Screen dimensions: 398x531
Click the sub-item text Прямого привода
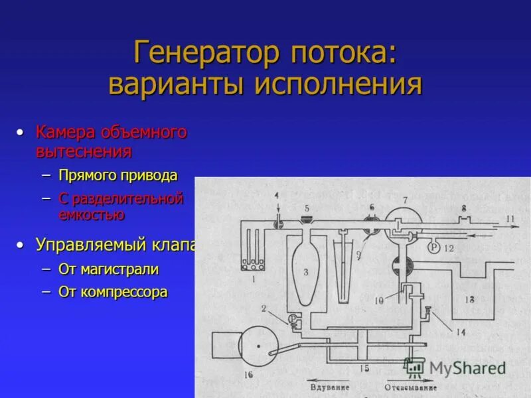[x=117, y=176]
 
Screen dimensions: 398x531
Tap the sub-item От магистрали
[x=109, y=269]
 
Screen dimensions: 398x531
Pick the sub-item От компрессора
[x=113, y=292]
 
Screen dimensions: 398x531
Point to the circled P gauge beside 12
[x=433, y=247]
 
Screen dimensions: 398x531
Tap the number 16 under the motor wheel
[x=248, y=375]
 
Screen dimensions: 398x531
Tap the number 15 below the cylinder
[x=363, y=367]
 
